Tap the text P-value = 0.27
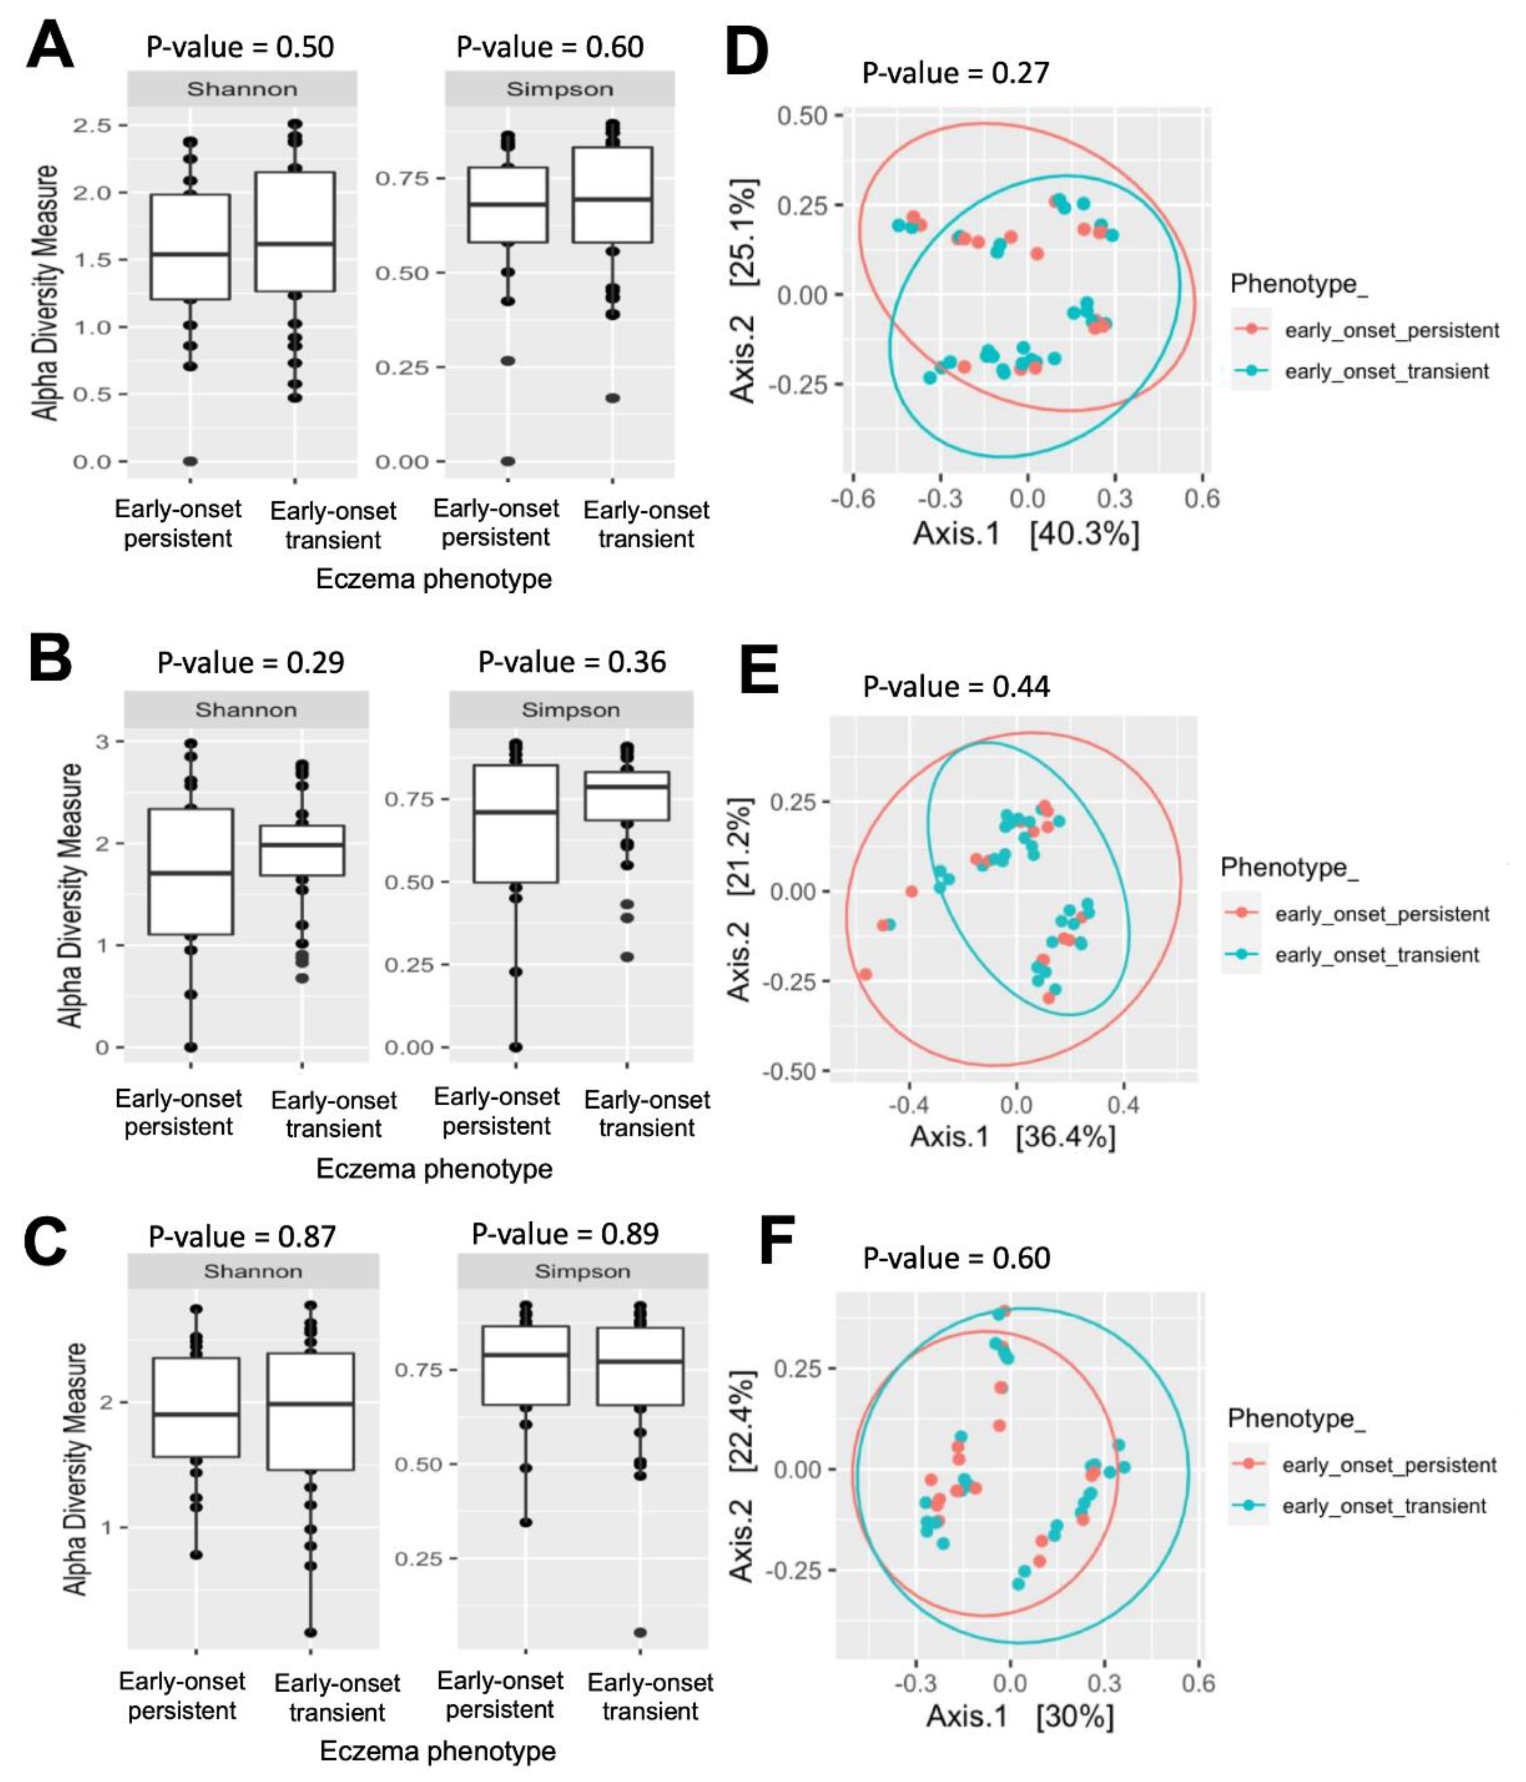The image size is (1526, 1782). (956, 72)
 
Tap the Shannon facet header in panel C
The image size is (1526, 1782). (253, 1271)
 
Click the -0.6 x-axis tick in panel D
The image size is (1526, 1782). (853, 499)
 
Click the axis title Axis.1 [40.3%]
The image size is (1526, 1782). (1025, 534)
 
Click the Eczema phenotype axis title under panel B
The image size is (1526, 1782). (434, 1169)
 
